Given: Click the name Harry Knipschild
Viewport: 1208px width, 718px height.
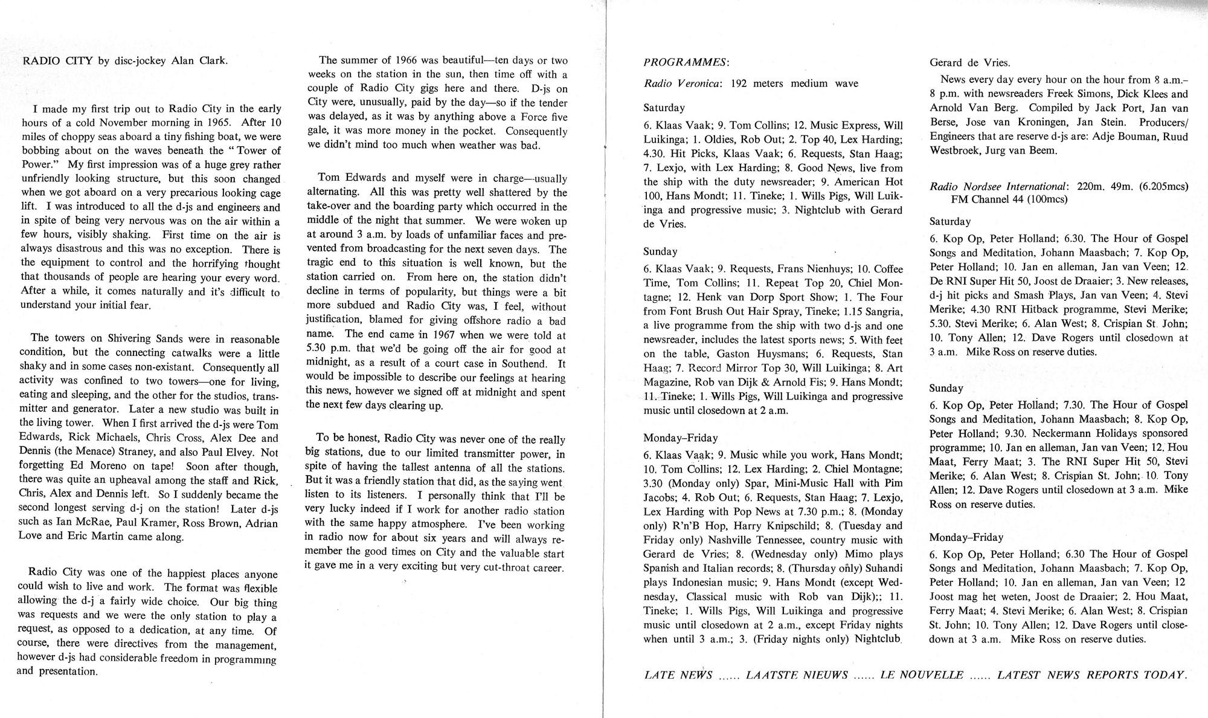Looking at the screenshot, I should coord(785,526).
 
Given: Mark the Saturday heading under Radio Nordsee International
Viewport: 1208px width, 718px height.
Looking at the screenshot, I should coord(950,222).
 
